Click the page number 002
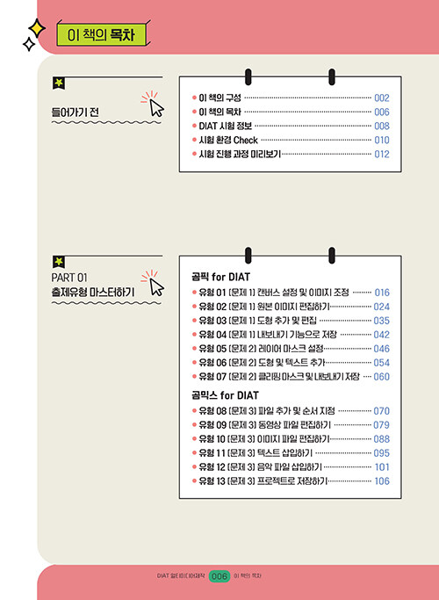pyautogui.click(x=382, y=98)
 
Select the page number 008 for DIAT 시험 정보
pyautogui.click(x=382, y=126)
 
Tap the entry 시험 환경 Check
pyautogui.click(x=228, y=140)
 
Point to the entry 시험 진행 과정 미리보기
pyautogui.click(x=240, y=155)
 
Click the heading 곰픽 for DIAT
pyautogui.click(x=220, y=277)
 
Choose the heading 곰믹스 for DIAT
pyautogui.click(x=225, y=395)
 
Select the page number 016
pyautogui.click(x=382, y=293)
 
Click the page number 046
pyautogui.click(x=382, y=349)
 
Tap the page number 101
pyautogui.click(x=382, y=466)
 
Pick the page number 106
pyautogui.click(x=382, y=481)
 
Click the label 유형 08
pyautogui.click(x=213, y=411)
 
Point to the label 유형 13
pyautogui.click(x=212, y=481)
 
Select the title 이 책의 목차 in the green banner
pyautogui.click(x=101, y=35)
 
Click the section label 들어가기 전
pyautogui.click(x=75, y=112)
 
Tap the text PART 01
pyautogui.click(x=69, y=277)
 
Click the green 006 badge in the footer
pyautogui.click(x=219, y=576)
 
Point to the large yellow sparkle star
pyautogui.click(x=37, y=28)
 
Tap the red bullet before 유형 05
pyautogui.click(x=194, y=349)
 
